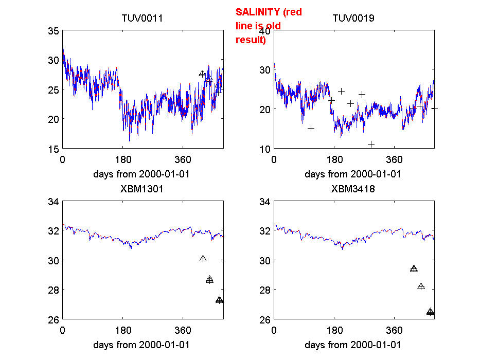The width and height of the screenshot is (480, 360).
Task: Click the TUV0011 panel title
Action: click(x=142, y=19)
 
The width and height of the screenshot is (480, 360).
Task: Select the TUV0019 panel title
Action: click(x=353, y=19)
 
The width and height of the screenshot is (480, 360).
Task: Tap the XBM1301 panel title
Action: click(x=142, y=189)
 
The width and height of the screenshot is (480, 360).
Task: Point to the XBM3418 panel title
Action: click(x=353, y=189)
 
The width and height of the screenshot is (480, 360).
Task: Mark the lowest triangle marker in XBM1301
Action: click(x=220, y=300)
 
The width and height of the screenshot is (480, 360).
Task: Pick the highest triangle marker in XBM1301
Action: click(x=203, y=259)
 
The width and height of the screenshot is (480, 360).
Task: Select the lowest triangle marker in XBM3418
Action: click(x=431, y=311)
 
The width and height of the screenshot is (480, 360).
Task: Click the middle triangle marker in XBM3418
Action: click(x=421, y=286)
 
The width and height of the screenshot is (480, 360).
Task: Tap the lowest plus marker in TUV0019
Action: click(x=371, y=144)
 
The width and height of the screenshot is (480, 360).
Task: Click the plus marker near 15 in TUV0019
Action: click(x=311, y=128)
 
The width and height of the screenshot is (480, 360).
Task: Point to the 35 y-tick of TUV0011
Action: click(x=53, y=30)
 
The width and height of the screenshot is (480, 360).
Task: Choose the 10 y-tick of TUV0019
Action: click(x=264, y=149)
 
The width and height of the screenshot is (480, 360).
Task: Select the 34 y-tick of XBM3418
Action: click(x=264, y=201)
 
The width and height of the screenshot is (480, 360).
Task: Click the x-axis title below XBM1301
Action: click(x=141, y=345)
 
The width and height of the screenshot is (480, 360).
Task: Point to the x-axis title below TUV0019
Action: click(x=353, y=174)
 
